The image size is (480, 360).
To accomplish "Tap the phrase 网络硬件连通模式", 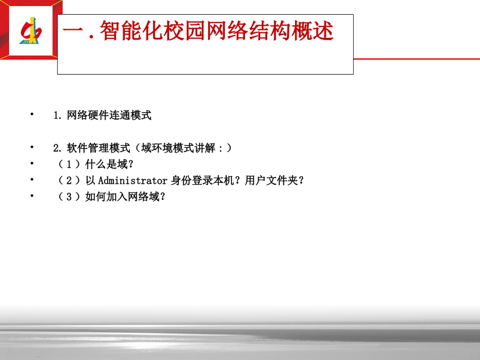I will point(109,116).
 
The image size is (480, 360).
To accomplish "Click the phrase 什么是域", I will point(107,165).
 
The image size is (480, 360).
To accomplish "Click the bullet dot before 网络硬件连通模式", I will point(32,115).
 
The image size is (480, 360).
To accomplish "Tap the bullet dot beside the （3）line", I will point(32,195).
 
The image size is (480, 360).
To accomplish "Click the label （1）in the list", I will point(69,165).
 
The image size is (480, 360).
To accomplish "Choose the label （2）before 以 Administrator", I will point(69,180).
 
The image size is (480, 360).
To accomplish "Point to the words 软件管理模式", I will point(94,148).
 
